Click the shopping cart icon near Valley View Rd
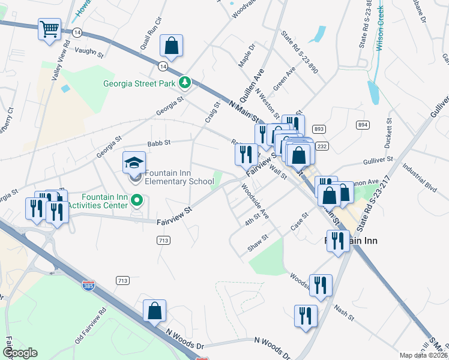[x=50, y=29]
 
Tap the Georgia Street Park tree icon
[x=186, y=83]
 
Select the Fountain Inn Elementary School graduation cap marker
[x=134, y=163]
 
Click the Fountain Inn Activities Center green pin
[x=137, y=200]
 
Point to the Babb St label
[x=159, y=143]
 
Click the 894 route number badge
[x=362, y=125]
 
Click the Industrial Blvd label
[x=420, y=178]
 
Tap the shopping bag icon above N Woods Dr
[x=154, y=311]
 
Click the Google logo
[x=20, y=353]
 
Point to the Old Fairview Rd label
[x=90, y=326]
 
